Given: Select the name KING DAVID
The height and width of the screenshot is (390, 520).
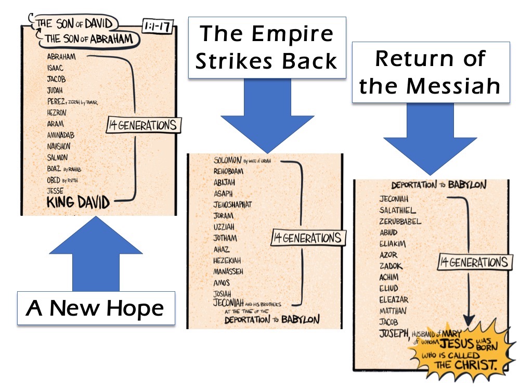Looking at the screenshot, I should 78,202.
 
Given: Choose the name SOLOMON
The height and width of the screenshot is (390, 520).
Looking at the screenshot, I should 227,160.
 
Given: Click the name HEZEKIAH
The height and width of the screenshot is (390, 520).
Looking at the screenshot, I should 227,260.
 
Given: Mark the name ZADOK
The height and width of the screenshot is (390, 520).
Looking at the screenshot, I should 391,266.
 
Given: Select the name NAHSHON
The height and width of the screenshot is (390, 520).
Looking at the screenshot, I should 57,146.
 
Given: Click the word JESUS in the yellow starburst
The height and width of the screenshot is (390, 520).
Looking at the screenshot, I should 457,343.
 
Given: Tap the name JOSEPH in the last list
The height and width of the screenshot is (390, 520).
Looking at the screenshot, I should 394,333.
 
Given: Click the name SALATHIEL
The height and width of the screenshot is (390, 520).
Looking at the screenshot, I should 397,210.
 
